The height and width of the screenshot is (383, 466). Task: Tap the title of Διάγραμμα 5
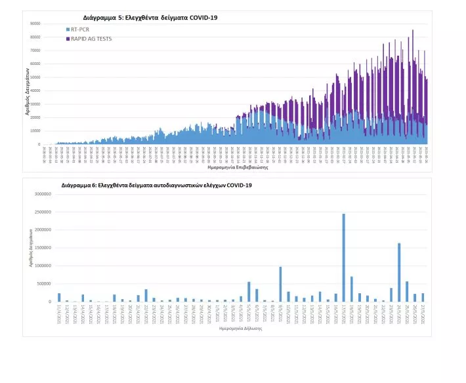pyautogui.click(x=150, y=17)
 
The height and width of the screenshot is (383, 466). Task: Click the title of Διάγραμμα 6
pyautogui.click(x=156, y=186)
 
